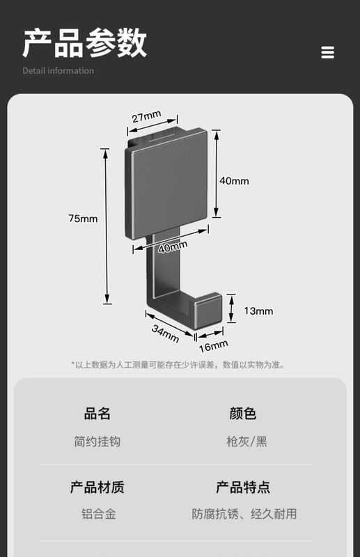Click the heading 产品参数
[85, 43]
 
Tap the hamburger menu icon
[328, 52]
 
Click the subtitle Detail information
[58, 71]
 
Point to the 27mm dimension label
[146, 116]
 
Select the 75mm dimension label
[83, 218]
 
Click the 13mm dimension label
[258, 311]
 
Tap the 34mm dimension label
[165, 334]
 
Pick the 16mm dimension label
[213, 346]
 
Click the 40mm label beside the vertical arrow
[234, 181]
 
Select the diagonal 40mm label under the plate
[173, 247]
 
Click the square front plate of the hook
[166, 184]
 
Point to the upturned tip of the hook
[208, 308]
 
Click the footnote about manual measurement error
[178, 365]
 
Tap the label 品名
[97, 414]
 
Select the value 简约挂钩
[97, 441]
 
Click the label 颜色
[243, 414]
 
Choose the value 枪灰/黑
[246, 441]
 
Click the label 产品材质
[97, 487]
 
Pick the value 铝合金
[99, 514]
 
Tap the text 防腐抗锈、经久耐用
[244, 514]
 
